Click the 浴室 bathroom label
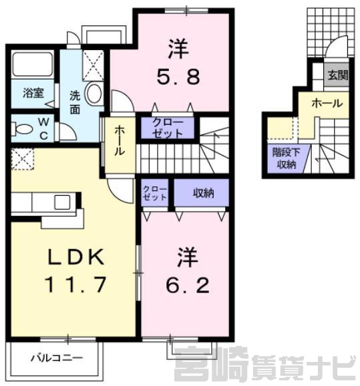[x=33, y=93]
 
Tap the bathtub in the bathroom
[x=33, y=64]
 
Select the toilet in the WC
[x=21, y=129]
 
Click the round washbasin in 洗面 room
[x=94, y=93]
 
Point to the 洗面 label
[x=75, y=102]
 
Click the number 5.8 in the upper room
[x=178, y=77]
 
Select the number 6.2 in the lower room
[x=188, y=285]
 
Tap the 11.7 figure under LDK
[x=75, y=284]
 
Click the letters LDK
[x=75, y=257]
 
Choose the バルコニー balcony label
[x=57, y=358]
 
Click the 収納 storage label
[x=204, y=193]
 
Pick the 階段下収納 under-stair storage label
[x=286, y=158]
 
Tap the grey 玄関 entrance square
[x=337, y=75]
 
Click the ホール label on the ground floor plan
[x=327, y=104]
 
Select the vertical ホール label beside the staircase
[x=120, y=140]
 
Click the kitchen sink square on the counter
[x=62, y=202]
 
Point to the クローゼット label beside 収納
[x=155, y=194]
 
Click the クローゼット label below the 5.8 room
[x=168, y=128]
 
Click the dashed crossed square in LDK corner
[x=23, y=159]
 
